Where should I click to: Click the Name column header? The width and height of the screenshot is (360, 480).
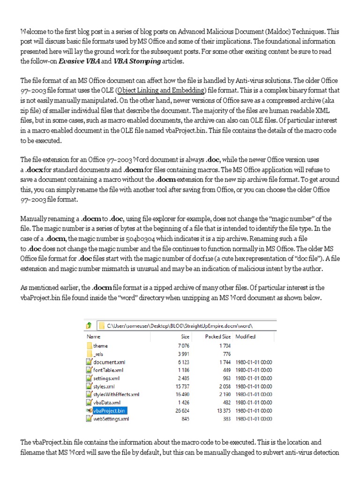93,337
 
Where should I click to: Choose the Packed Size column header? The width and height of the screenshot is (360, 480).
217,337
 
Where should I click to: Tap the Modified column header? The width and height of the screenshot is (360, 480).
245,337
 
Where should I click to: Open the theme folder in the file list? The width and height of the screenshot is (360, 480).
100,345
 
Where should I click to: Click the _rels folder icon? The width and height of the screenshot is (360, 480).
90,354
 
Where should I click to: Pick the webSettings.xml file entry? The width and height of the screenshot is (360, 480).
111,419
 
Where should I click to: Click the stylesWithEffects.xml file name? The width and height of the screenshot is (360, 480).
116,394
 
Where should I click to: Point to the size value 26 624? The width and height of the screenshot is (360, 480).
181,410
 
